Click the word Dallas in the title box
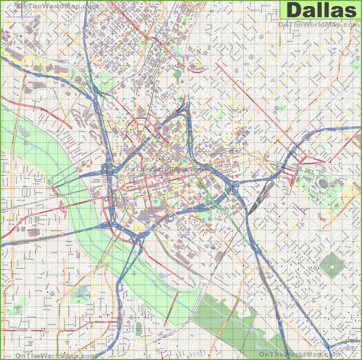click(x=321, y=10)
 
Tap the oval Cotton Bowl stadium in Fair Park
click(x=323, y=182)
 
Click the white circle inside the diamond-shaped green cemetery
click(x=332, y=266)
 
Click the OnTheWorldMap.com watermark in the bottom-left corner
click(x=55, y=355)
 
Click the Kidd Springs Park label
click(x=17, y=309)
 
